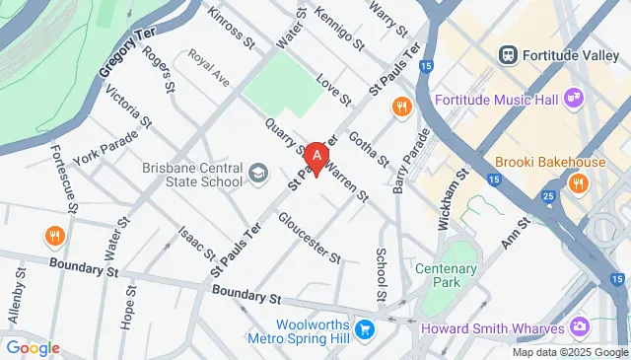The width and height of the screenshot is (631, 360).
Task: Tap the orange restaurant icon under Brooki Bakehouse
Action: click(578, 182)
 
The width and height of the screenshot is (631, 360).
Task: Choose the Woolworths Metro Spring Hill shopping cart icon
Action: click(365, 328)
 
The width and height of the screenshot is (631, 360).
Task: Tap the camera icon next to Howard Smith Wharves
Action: click(579, 326)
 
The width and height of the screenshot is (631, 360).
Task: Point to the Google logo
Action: click(33, 348)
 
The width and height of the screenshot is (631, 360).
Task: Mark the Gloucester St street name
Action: click(310, 238)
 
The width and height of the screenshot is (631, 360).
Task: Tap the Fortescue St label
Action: click(64, 179)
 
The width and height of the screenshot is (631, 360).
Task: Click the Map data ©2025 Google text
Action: click(569, 352)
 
